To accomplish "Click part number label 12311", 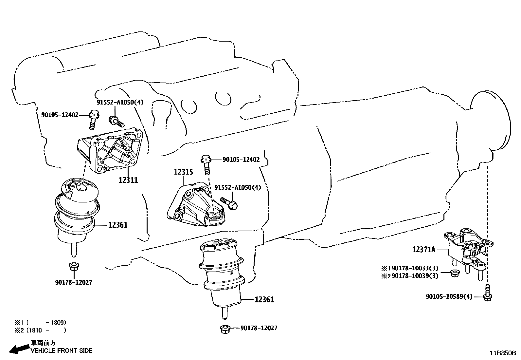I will tap(128, 180).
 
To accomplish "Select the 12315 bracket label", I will tap(183, 172).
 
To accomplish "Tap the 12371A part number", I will tap(423, 250).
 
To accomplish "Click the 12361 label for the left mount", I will tap(117, 225).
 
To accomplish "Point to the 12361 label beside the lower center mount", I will tap(264, 299).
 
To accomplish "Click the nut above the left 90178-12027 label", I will tap(73, 267).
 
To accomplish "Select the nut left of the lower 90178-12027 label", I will tap(224, 329).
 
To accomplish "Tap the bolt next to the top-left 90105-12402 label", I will tap(93, 120).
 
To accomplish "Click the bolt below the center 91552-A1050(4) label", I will tap(229, 203).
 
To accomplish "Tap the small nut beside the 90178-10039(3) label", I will tap(454, 273).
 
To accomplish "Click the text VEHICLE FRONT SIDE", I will tap(62, 351).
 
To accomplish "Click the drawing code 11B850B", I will tap(502, 353).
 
